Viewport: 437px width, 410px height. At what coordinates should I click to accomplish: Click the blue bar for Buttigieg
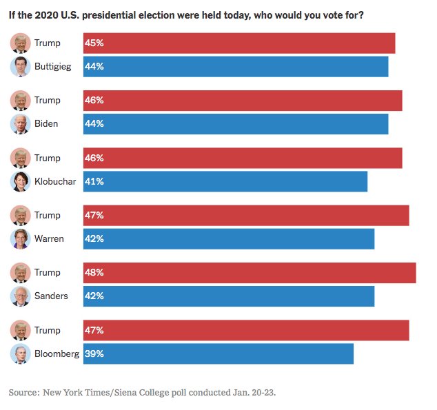(x=235, y=67)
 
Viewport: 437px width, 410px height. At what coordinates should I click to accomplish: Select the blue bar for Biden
(x=235, y=124)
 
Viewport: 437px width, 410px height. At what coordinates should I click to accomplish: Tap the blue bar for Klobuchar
(x=225, y=182)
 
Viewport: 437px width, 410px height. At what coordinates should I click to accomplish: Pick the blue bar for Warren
(x=228, y=239)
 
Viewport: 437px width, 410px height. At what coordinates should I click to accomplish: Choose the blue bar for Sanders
(x=228, y=296)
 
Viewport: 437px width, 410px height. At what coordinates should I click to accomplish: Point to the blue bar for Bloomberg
(x=218, y=354)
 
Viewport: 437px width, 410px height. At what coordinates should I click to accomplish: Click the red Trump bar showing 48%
(x=249, y=273)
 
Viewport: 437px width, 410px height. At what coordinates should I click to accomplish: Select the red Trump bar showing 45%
(x=238, y=43)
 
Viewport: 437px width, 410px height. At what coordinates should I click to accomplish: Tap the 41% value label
(x=94, y=182)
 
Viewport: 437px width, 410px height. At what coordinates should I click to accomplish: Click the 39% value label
(x=94, y=354)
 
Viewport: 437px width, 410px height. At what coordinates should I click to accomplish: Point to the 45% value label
(x=94, y=43)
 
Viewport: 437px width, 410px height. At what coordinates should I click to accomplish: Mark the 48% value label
(x=94, y=273)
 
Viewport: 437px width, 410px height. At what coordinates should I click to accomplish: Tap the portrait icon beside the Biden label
(x=21, y=124)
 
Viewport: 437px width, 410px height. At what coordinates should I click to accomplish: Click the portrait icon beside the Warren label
(x=21, y=239)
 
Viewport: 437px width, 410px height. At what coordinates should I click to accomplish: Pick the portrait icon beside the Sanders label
(x=21, y=296)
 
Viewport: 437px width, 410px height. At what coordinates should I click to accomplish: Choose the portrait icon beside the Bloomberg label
(x=21, y=354)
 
